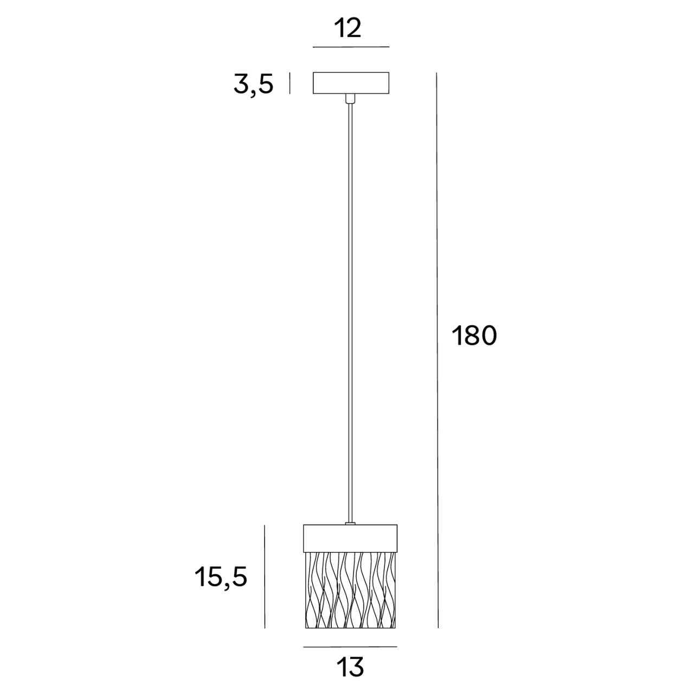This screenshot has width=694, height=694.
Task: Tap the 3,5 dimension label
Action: pyautogui.click(x=253, y=84)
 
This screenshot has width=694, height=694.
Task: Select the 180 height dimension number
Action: pyautogui.click(x=473, y=337)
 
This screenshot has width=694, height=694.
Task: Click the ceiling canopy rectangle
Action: pyautogui.click(x=351, y=82)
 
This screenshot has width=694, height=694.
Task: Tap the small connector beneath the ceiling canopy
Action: pyautogui.click(x=350, y=99)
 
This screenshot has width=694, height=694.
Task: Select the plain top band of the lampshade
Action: pyautogui.click(x=350, y=537)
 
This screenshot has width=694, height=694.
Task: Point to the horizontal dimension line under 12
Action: pyautogui.click(x=351, y=47)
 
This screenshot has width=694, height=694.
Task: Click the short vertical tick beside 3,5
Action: pyautogui.click(x=290, y=83)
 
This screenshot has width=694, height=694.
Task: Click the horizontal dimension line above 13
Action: pyautogui.click(x=350, y=647)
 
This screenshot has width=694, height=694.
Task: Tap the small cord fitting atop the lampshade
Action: pyautogui.click(x=350, y=523)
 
